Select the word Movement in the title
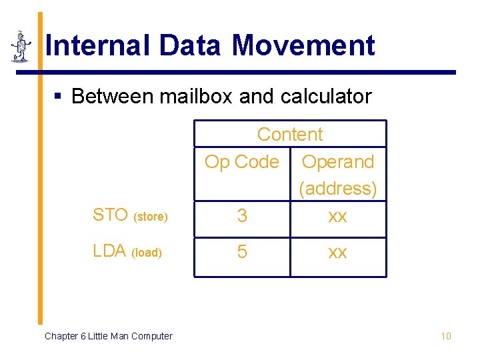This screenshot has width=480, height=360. [303, 46]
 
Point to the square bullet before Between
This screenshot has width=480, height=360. [58, 97]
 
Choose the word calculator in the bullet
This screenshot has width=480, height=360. [326, 97]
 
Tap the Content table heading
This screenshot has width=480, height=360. [290, 134]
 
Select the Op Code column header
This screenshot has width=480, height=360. [241, 162]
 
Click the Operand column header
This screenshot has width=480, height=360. [338, 162]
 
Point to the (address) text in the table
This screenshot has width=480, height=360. [338, 189]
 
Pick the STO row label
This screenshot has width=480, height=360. [110, 215]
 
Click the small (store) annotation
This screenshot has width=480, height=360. [151, 217]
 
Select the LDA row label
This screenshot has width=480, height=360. [109, 251]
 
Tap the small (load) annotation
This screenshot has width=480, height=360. [147, 253]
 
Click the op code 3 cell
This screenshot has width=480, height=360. [242, 216]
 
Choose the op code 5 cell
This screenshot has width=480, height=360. [242, 252]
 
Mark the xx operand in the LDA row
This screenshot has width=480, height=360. [338, 253]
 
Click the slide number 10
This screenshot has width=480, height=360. [446, 336]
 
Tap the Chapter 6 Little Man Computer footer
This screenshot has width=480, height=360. [108, 336]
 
